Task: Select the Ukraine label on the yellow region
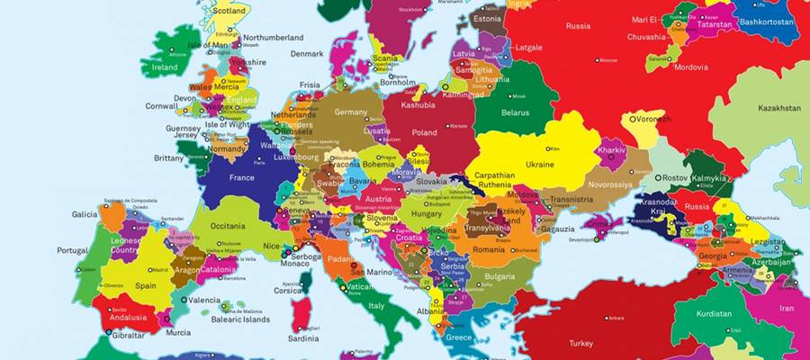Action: [539, 165]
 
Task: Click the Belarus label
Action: [515, 112]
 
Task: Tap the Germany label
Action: [351, 112]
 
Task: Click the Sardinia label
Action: [302, 339]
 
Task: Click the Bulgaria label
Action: [499, 276]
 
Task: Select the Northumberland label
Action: [274, 38]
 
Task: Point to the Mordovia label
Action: [692, 67]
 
